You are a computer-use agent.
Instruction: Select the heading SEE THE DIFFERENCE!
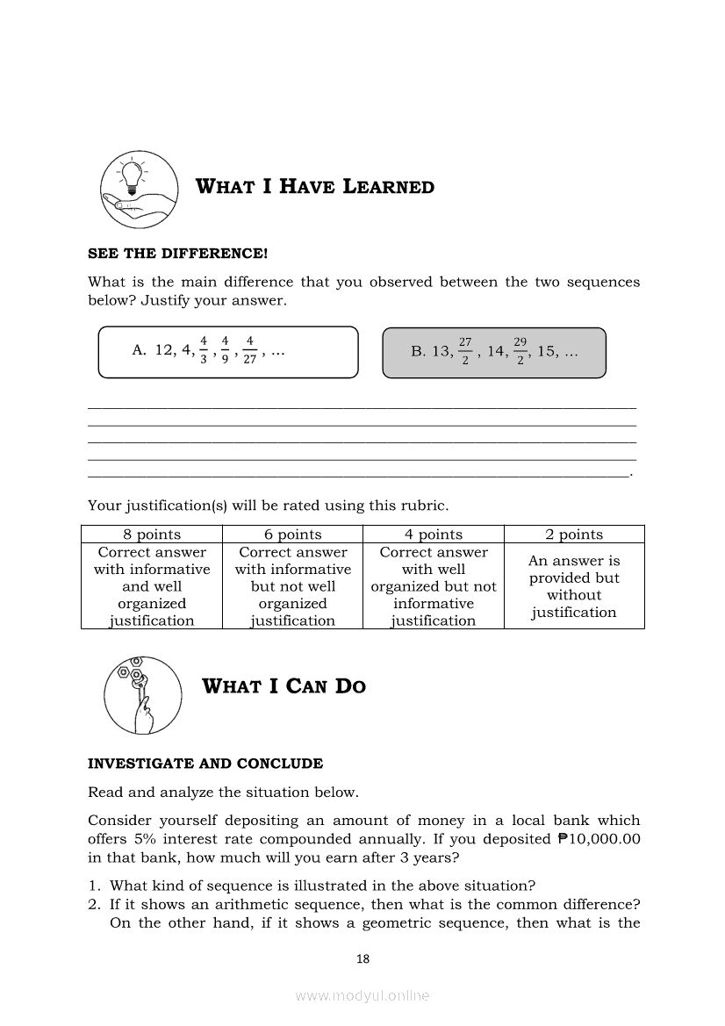click(177, 254)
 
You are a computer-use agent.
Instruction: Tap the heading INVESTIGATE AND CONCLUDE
click(205, 764)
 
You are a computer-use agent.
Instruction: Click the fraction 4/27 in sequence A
click(250, 350)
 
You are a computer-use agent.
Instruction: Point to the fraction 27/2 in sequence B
click(465, 351)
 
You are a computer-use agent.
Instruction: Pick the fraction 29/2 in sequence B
click(520, 351)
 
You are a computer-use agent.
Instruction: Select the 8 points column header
click(152, 535)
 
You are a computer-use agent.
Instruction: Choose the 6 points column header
click(293, 535)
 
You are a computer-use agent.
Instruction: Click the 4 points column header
click(434, 535)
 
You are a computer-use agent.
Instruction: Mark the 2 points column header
click(574, 535)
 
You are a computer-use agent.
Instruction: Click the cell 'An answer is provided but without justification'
click(574, 586)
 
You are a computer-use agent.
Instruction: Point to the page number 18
click(362, 958)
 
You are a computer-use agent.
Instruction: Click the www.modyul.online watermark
click(362, 996)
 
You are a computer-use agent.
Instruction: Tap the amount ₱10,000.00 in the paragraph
click(599, 838)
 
